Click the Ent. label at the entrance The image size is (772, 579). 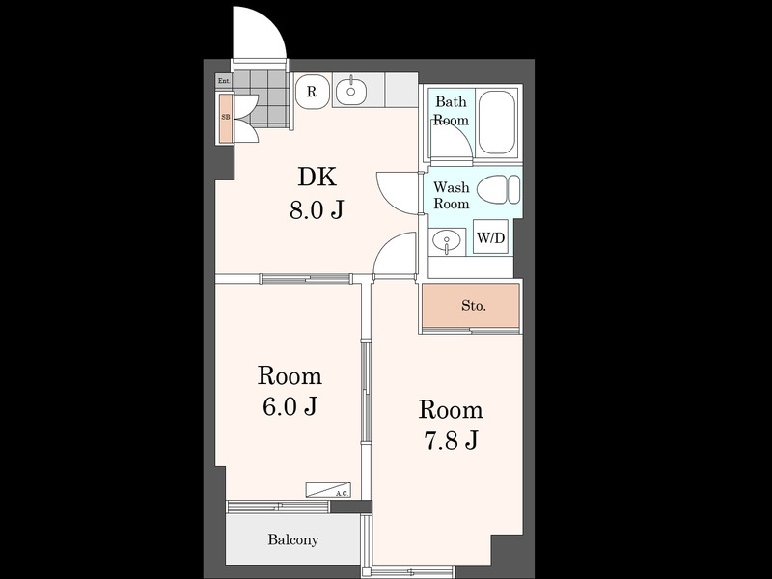224,81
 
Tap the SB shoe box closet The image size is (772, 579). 226,117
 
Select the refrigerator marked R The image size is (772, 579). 312,92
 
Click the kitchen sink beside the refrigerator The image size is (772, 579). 350,91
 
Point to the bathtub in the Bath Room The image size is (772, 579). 496,123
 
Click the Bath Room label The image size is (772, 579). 451,111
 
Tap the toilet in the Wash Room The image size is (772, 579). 499,189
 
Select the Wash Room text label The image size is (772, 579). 451,195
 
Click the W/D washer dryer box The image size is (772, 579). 490,237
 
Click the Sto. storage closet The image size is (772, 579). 471,305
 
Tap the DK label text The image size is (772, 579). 317,178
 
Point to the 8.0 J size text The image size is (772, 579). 316,210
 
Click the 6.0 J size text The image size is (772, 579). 289,406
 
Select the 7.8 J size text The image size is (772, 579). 451,441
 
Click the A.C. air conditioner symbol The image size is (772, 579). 328,489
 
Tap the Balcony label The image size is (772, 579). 293,539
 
